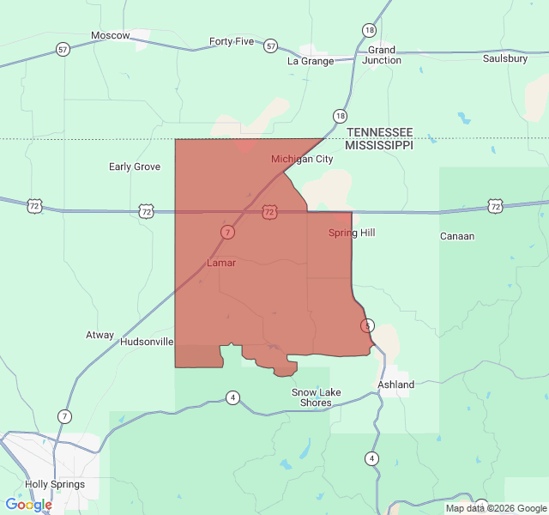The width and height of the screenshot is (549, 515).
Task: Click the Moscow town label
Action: point(111,35)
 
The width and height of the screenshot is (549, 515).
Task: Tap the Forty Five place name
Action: point(232,41)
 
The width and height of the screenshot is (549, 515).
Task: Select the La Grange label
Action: point(310,61)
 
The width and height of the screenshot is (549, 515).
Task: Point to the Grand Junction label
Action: point(382,55)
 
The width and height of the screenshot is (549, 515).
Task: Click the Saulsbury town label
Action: point(504,58)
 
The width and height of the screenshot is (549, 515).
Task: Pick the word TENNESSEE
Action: point(379,132)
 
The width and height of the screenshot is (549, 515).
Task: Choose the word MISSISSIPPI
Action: point(379,146)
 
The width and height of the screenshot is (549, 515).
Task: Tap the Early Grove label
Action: point(135,167)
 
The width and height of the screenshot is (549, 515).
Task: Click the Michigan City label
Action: point(302,159)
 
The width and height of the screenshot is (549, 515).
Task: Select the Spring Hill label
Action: point(352,233)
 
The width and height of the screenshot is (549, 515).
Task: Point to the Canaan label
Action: point(457,236)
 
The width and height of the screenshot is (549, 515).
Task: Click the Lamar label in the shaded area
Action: point(221,263)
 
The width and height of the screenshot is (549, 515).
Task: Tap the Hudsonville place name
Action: point(147,342)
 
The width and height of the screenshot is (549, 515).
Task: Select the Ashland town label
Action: point(395,385)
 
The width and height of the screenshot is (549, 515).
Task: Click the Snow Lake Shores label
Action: point(316,397)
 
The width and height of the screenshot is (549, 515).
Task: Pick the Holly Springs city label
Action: point(55,484)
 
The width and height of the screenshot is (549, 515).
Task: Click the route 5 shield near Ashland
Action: point(367,325)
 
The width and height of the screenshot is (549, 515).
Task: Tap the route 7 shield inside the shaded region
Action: point(227,232)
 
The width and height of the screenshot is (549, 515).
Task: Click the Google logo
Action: point(28,505)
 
